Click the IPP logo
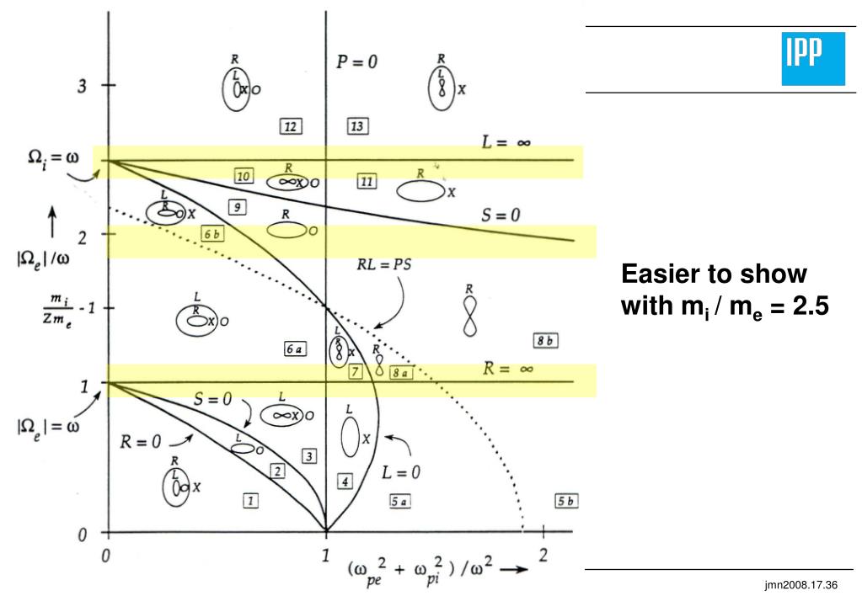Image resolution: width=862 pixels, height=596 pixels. (x=812, y=59)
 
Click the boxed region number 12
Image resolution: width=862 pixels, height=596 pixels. (x=291, y=126)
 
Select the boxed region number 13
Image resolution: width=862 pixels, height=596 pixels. (x=357, y=126)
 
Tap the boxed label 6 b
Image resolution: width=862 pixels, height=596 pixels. (x=212, y=235)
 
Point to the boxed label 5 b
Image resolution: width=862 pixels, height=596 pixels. (x=566, y=501)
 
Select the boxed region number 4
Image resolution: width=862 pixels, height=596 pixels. (x=344, y=482)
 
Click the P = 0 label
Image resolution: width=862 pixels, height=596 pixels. (x=357, y=63)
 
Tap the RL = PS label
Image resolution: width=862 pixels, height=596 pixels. (x=383, y=263)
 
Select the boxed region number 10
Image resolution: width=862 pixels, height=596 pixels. (x=244, y=176)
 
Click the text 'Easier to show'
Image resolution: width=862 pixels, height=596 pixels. (x=715, y=274)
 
